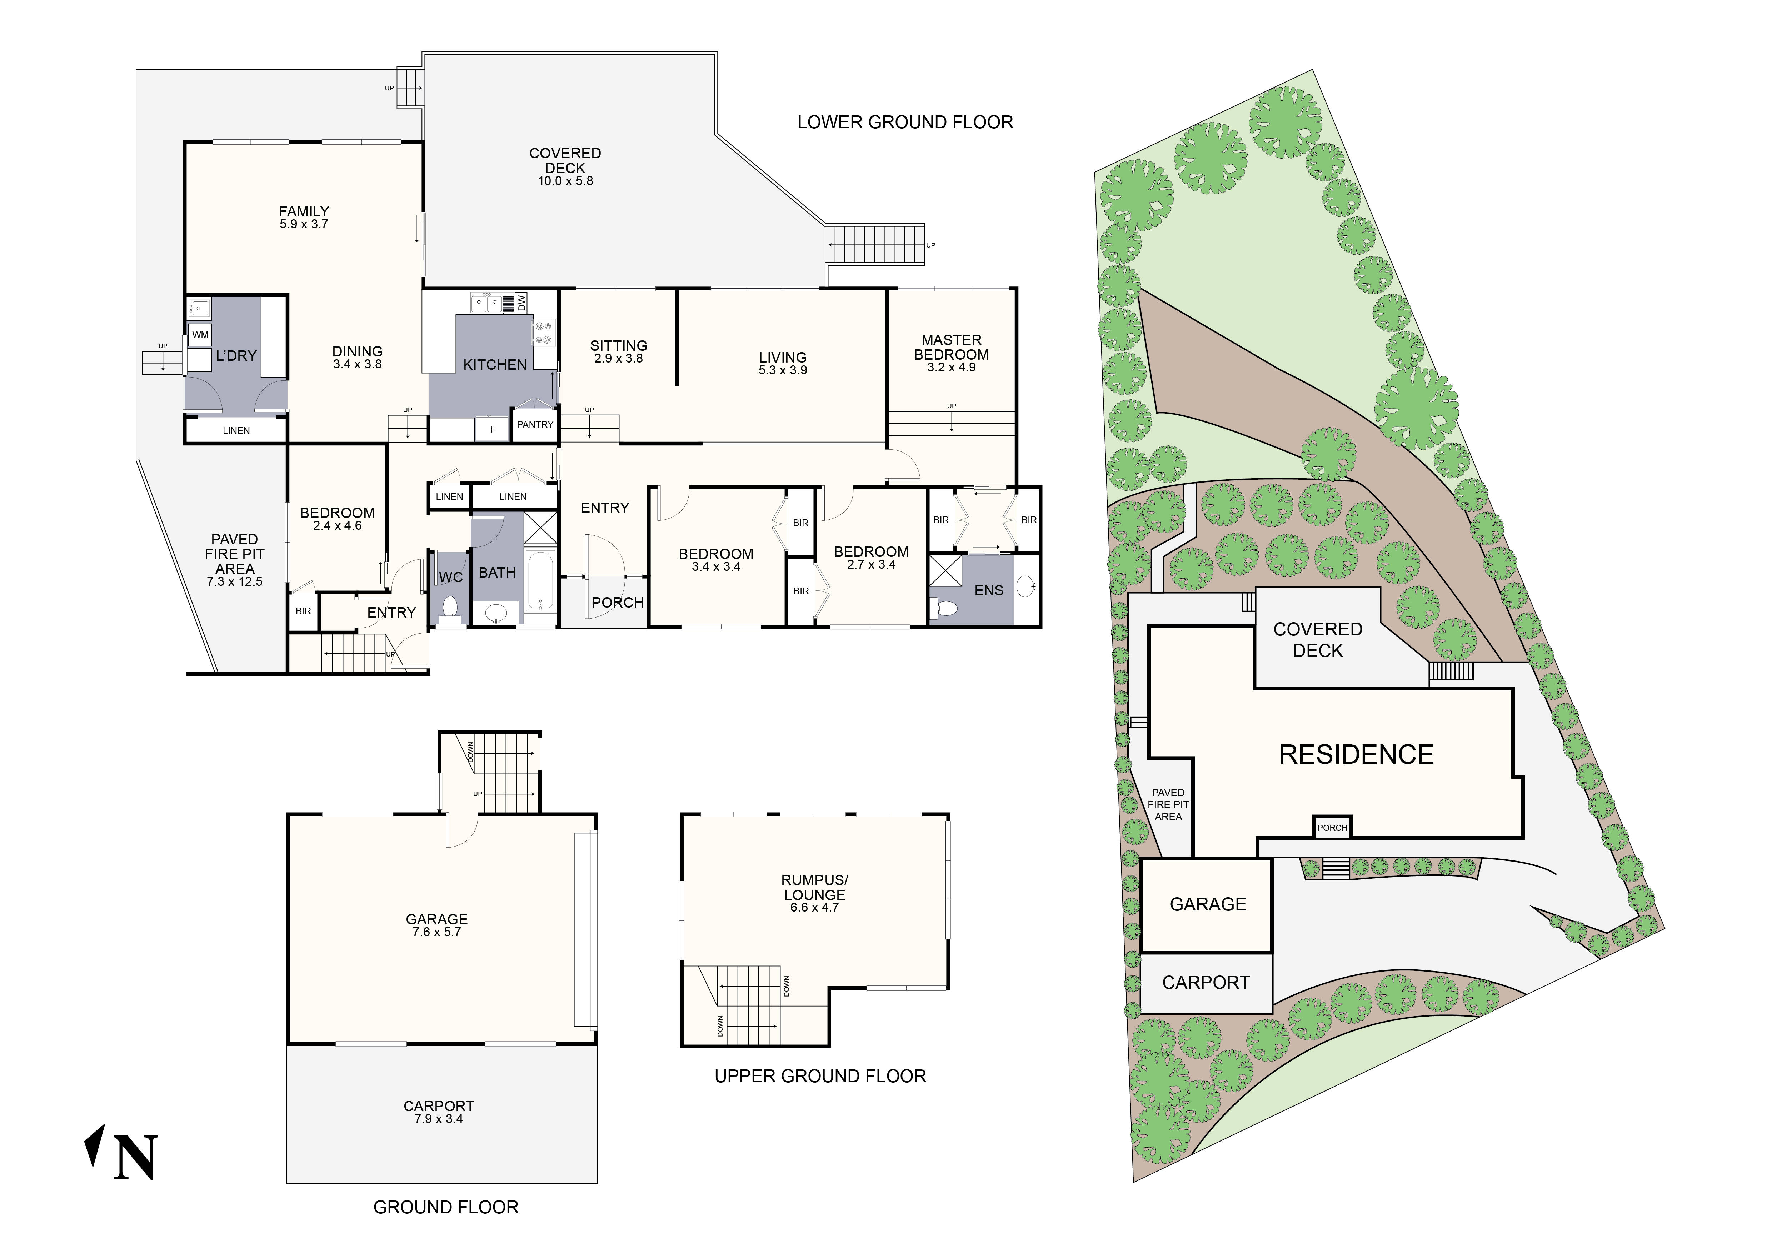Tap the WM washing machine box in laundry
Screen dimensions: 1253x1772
point(200,335)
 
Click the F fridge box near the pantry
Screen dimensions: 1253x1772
point(493,429)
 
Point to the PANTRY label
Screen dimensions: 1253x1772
point(535,424)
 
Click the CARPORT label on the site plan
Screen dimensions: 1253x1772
point(1206,982)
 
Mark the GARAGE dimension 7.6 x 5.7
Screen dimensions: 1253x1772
point(437,932)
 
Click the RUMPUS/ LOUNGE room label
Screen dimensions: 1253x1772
point(814,887)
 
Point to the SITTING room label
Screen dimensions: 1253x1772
point(618,346)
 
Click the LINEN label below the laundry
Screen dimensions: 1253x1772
point(236,430)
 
